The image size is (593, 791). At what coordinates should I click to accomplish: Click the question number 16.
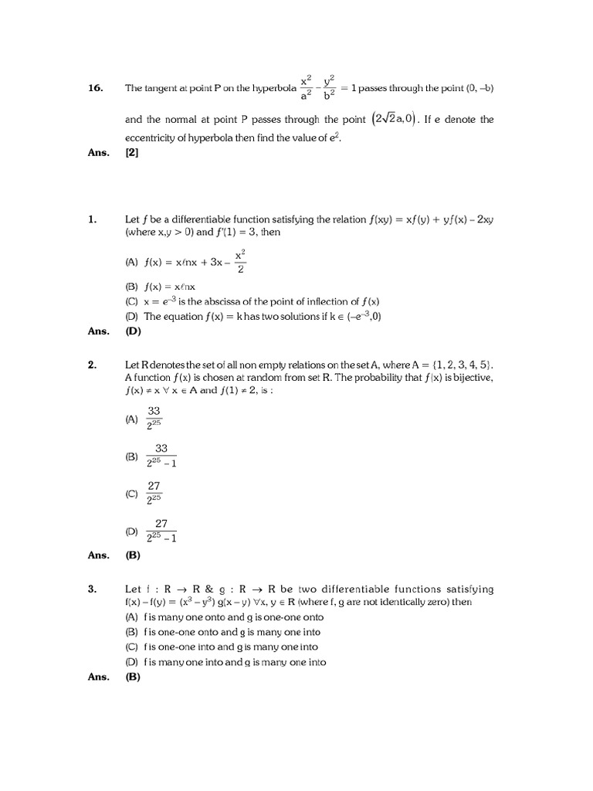pyautogui.click(x=96, y=88)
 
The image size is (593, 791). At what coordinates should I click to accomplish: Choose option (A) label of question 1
pyautogui.click(x=130, y=262)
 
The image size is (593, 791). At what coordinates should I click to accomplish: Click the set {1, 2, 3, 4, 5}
pyautogui.click(x=458, y=365)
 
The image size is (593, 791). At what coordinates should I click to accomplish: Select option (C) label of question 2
pyautogui.click(x=130, y=493)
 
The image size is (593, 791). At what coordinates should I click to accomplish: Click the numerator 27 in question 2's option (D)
pyautogui.click(x=161, y=523)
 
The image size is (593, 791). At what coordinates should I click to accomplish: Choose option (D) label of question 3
pyautogui.click(x=130, y=662)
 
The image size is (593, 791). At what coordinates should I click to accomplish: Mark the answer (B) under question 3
pyautogui.click(x=132, y=677)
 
